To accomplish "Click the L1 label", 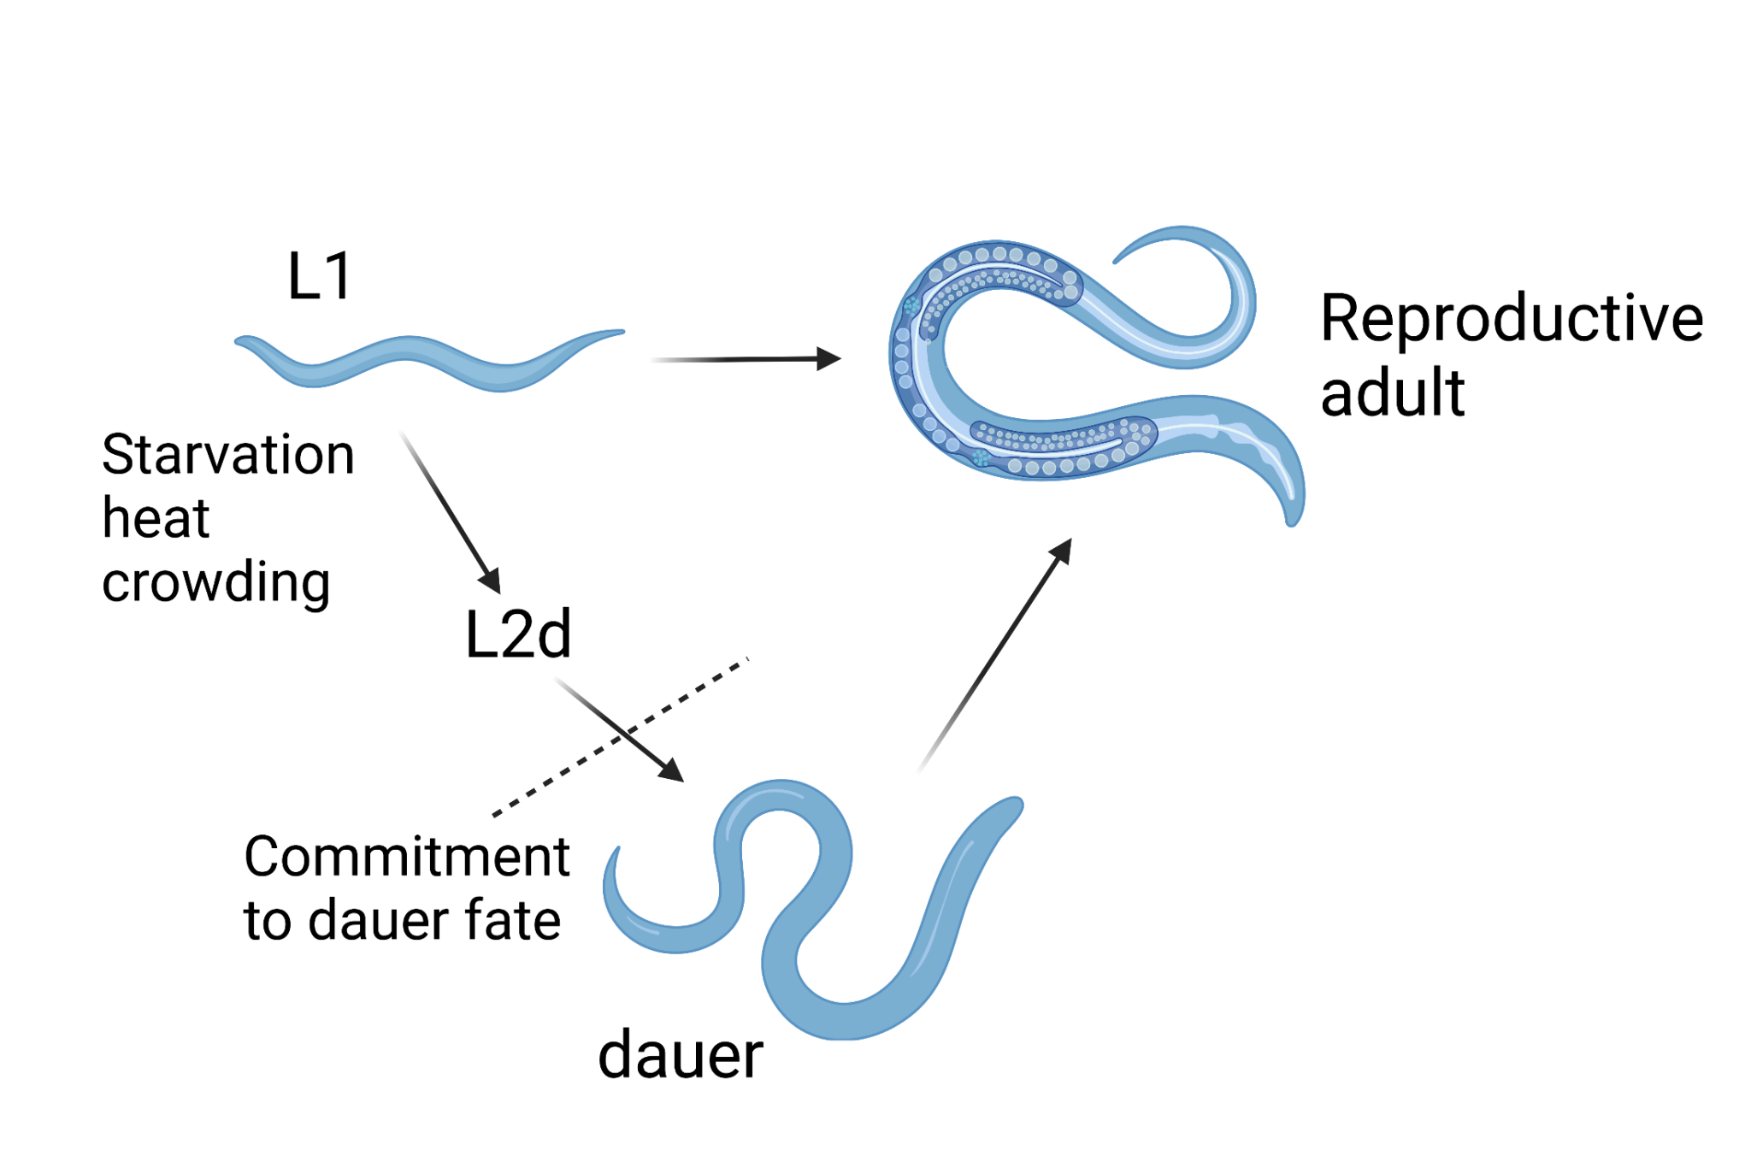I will [320, 276].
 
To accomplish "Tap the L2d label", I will [517, 634].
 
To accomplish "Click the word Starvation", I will [227, 454].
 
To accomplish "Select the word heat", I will [156, 518].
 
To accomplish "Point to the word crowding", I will [215, 583].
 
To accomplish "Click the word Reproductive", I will [1511, 319].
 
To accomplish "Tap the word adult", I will [1392, 392].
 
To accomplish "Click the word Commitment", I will [406, 857].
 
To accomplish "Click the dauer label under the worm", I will [680, 1055].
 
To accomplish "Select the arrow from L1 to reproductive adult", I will [744, 360].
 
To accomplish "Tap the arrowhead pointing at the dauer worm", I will [672, 770].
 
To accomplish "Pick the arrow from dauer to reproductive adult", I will [996, 654].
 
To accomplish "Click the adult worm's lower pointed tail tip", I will [1293, 517].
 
